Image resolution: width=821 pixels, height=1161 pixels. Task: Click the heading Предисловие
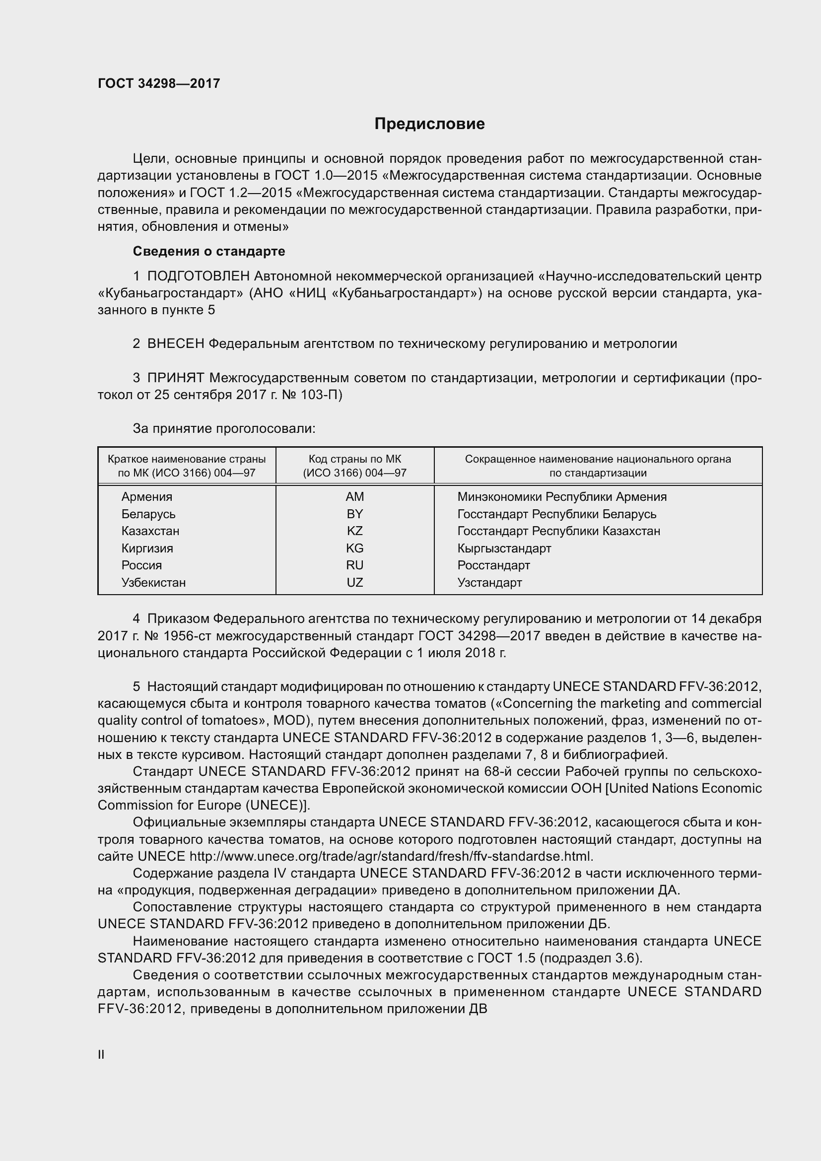pyautogui.click(x=429, y=124)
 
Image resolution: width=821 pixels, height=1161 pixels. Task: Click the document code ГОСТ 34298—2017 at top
pyautogui.click(x=159, y=83)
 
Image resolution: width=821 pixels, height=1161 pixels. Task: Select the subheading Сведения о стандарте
pyautogui.click(x=209, y=251)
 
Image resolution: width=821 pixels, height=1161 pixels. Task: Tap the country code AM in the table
pyautogui.click(x=354, y=496)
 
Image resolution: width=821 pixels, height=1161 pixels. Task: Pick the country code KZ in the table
pyautogui.click(x=354, y=531)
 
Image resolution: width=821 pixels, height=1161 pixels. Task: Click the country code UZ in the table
pyautogui.click(x=354, y=583)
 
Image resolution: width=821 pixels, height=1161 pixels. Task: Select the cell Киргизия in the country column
pyautogui.click(x=146, y=548)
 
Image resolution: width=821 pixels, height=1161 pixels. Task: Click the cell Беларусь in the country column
pyautogui.click(x=148, y=514)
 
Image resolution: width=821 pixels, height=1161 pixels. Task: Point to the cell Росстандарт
pyautogui.click(x=493, y=565)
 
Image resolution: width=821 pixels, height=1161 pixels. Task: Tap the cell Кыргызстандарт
pyautogui.click(x=504, y=548)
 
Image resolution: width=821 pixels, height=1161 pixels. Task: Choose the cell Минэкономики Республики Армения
pyautogui.click(x=562, y=496)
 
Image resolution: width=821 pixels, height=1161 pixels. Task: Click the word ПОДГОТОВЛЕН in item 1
pyautogui.click(x=198, y=276)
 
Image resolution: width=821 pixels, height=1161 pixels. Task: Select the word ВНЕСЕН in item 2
pyautogui.click(x=175, y=344)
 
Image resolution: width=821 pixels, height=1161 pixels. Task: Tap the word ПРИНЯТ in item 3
pyautogui.click(x=175, y=378)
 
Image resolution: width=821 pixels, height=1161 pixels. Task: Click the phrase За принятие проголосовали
pyautogui.click(x=224, y=429)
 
